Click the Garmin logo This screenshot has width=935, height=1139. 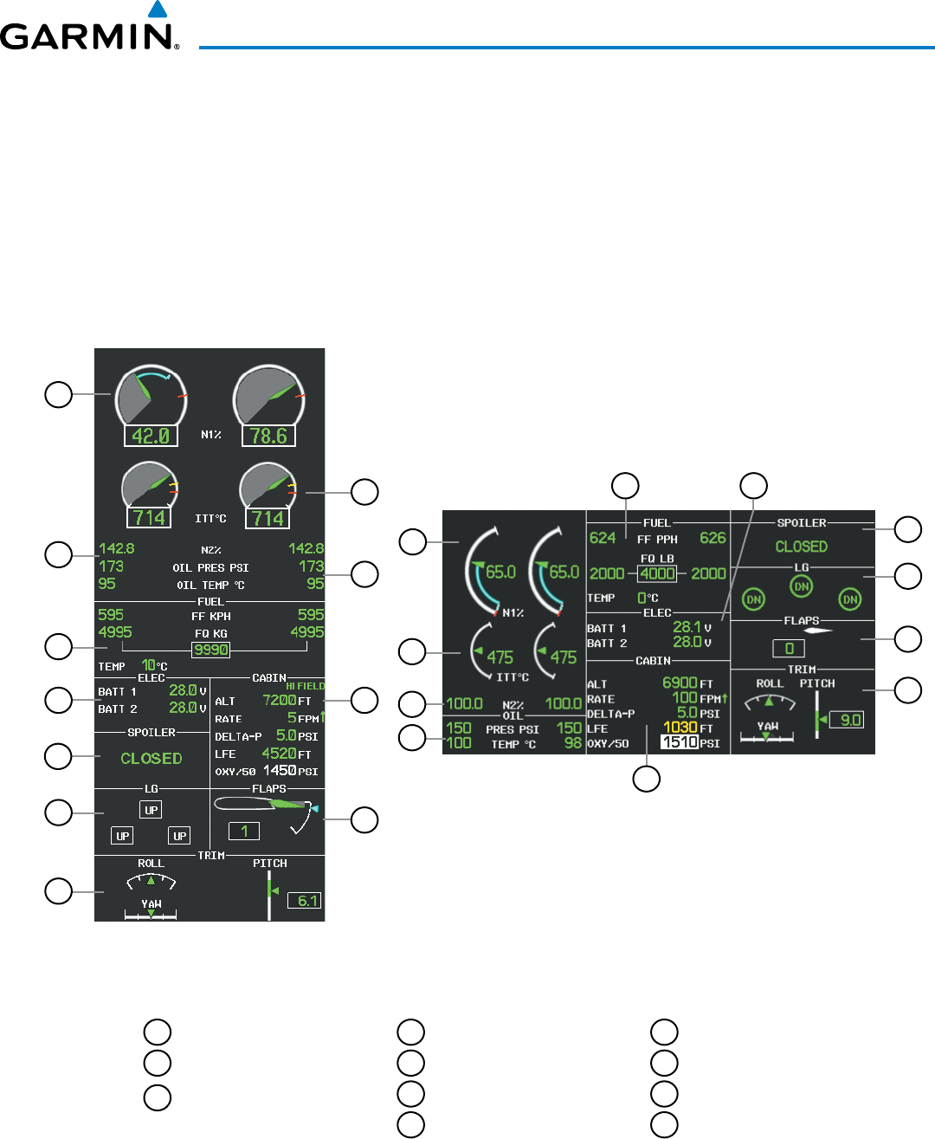pyautogui.click(x=88, y=32)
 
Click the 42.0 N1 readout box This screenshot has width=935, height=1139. pyautogui.click(x=150, y=436)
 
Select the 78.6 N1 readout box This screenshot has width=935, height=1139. pyautogui.click(x=268, y=436)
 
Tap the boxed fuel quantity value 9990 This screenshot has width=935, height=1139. pyautogui.click(x=210, y=650)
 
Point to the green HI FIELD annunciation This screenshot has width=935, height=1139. pyautogui.click(x=306, y=686)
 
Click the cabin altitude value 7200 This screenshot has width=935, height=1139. pyautogui.click(x=279, y=700)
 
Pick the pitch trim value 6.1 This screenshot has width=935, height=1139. pyautogui.click(x=306, y=901)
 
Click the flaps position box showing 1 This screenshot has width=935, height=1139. pyautogui.click(x=244, y=832)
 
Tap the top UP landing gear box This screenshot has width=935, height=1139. pyautogui.click(x=152, y=811)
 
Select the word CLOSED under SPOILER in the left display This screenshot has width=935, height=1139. pyautogui.click(x=152, y=759)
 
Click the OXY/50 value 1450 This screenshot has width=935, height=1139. pyautogui.click(x=280, y=771)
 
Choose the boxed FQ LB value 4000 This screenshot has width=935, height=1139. pyautogui.click(x=657, y=573)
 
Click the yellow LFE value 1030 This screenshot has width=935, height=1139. pyautogui.click(x=680, y=728)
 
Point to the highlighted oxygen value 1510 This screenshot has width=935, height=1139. pyautogui.click(x=680, y=742)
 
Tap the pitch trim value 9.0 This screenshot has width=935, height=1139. pyautogui.click(x=846, y=720)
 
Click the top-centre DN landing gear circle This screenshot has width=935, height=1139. pyautogui.click(x=802, y=586)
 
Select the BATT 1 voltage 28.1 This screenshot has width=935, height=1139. pyautogui.click(x=687, y=627)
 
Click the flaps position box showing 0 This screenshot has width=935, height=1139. pyautogui.click(x=789, y=648)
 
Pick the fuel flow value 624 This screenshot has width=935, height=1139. pyautogui.click(x=603, y=538)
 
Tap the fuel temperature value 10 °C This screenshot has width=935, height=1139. pyautogui.click(x=150, y=665)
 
